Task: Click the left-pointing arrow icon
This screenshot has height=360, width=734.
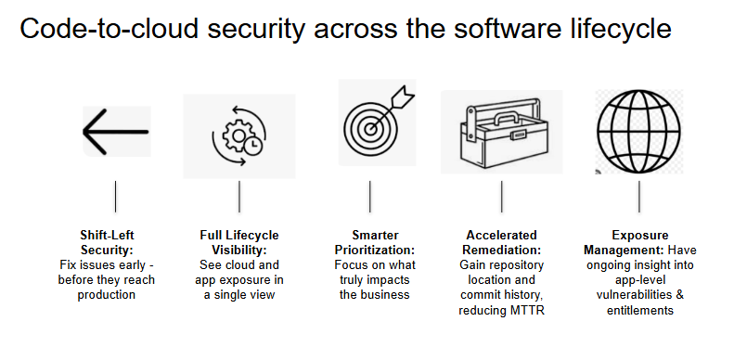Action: [x=116, y=132]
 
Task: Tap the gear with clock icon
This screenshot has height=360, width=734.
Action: [x=239, y=136]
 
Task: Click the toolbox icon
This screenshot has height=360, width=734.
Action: [x=501, y=133]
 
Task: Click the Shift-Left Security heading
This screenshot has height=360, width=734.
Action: [x=114, y=242]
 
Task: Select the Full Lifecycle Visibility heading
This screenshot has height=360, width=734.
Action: [x=239, y=242]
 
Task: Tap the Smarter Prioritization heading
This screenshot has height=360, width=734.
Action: [x=370, y=242]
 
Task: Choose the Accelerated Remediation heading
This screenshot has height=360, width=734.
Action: [x=501, y=242]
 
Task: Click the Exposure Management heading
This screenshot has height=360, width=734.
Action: [x=638, y=242]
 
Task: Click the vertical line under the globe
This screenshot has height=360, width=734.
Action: [x=639, y=197]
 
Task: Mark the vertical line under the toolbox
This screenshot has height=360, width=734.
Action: [x=502, y=197]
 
